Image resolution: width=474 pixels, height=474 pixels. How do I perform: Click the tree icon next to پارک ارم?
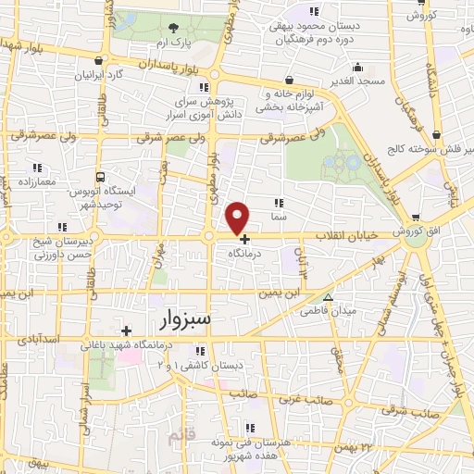tap(174, 29)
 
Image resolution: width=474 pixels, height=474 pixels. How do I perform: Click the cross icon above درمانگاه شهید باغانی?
tap(126, 330)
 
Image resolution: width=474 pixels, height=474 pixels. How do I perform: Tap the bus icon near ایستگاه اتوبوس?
tap(100, 176)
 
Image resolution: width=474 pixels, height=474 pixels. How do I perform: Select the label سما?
tap(279, 214)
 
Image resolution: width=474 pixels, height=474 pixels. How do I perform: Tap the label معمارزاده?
tap(35, 181)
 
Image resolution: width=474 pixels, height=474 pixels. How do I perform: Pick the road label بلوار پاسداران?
tap(176, 64)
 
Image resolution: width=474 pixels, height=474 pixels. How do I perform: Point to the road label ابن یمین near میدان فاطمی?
tap(280, 293)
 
